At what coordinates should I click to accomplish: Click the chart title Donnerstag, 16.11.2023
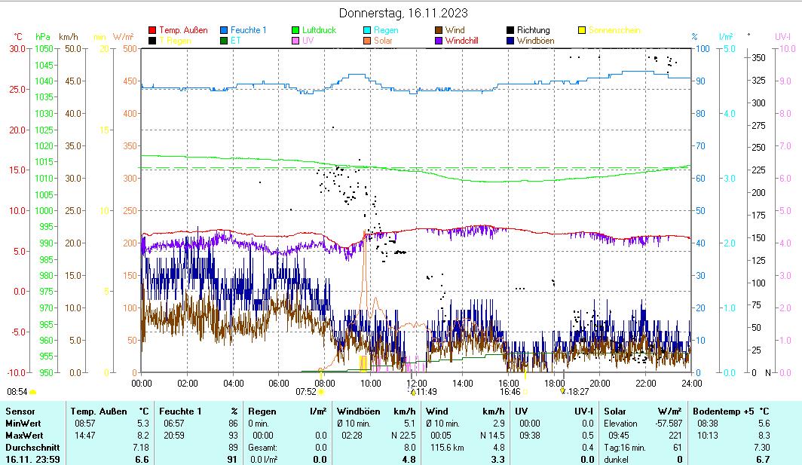pyautogui.click(x=403, y=13)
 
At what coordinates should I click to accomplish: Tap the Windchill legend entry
pyautogui.click(x=467, y=40)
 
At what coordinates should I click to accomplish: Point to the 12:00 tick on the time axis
pyautogui.click(x=416, y=382)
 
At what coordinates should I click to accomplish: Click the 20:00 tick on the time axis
pyautogui.click(x=599, y=382)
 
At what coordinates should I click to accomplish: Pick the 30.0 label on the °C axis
pyautogui.click(x=17, y=48)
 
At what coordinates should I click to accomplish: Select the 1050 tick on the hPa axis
pyautogui.click(x=44, y=48)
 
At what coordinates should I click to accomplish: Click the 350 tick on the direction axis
pyautogui.click(x=759, y=57)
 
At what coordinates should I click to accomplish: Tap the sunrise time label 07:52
pyautogui.click(x=305, y=392)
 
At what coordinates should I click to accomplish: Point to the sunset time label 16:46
pyautogui.click(x=510, y=392)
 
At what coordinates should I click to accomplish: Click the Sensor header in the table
pyautogui.click(x=20, y=411)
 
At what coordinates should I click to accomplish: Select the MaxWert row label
pyautogui.click(x=23, y=435)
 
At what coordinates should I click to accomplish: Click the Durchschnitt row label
pyautogui.click(x=30, y=447)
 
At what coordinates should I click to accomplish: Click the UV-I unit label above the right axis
pyautogui.click(x=782, y=36)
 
